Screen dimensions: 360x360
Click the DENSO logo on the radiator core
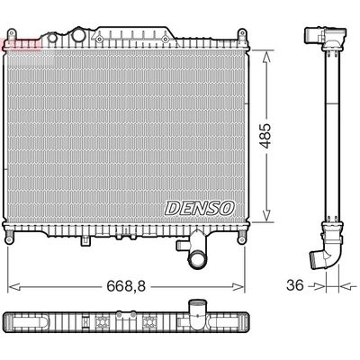click(x=199, y=208)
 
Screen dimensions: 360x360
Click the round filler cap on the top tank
click(x=78, y=37)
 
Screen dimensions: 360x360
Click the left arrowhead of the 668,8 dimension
click(x=10, y=288)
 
